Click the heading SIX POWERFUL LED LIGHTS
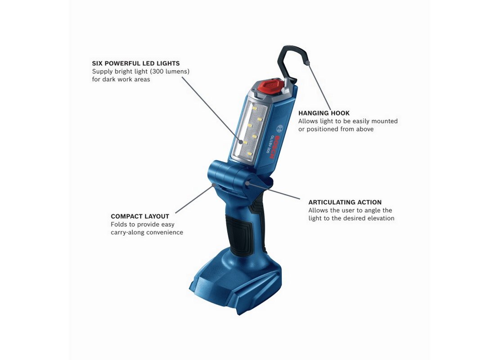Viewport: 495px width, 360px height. tap(136, 63)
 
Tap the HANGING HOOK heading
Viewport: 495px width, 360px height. tap(324, 113)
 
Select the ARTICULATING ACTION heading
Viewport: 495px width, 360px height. tap(345, 202)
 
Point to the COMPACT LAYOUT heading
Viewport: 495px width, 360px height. tap(140, 216)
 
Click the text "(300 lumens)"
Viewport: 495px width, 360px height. tap(170, 72)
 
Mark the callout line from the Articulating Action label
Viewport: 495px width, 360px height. tap(274, 190)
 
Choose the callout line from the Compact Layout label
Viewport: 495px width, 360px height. tap(194, 199)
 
